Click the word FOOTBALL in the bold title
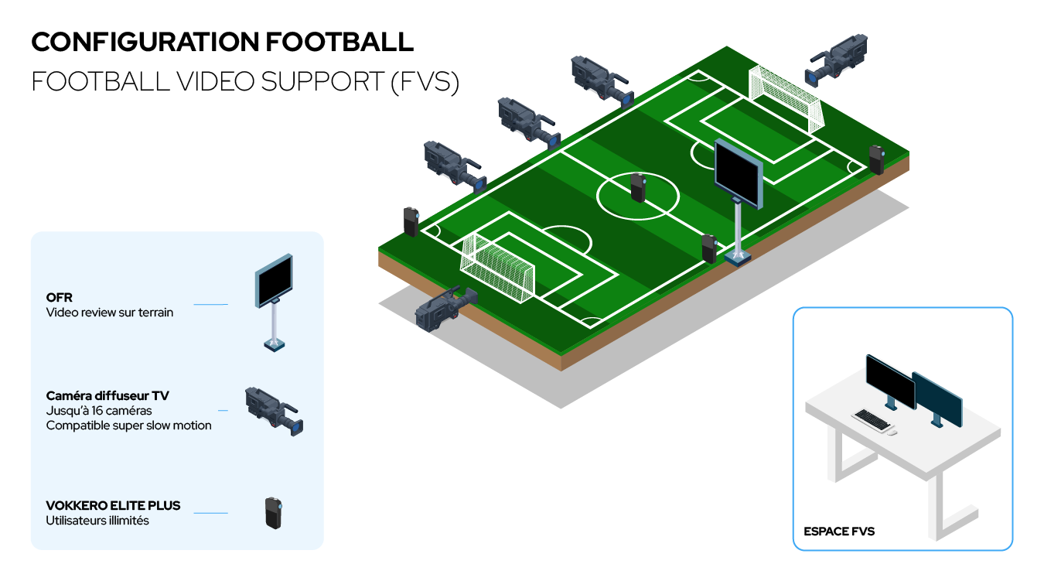pyautogui.click(x=339, y=42)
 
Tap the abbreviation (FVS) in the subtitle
pyautogui.click(x=425, y=81)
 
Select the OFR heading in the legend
pyautogui.click(x=60, y=298)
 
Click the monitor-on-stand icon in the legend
pyautogui.click(x=275, y=302)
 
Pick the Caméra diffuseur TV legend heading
pyautogui.click(x=107, y=396)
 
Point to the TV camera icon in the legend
pyautogui.click(x=274, y=412)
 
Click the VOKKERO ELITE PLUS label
pyautogui.click(x=113, y=505)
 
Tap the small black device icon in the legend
pyautogui.click(x=274, y=513)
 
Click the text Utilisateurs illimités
pyautogui.click(x=97, y=521)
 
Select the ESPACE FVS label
pyautogui.click(x=839, y=531)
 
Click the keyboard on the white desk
pyautogui.click(x=872, y=419)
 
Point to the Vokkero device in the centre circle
pyautogui.click(x=638, y=187)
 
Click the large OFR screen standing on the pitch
pyautogui.click(x=739, y=173)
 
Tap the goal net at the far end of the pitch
pyautogui.click(x=786, y=99)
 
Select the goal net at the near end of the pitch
pyautogui.click(x=496, y=268)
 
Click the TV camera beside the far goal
pyautogui.click(x=836, y=60)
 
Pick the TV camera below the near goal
pyautogui.click(x=446, y=309)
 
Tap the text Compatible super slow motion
pyautogui.click(x=128, y=425)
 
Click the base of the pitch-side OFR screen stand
pyautogui.click(x=737, y=258)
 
